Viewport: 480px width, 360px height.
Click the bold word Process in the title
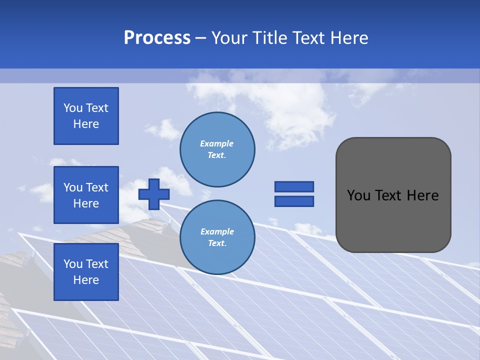[157, 38]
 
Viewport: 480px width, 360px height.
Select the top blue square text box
[86, 116]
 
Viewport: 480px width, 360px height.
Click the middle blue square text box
[86, 195]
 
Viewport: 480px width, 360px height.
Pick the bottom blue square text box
[86, 272]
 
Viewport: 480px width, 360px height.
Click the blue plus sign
[154, 194]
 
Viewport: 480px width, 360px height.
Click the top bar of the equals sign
[294, 186]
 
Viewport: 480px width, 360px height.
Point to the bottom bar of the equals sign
[294, 201]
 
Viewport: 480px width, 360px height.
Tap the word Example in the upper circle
[216, 143]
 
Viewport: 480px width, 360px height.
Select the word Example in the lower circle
[217, 231]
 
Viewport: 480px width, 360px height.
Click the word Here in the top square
[86, 124]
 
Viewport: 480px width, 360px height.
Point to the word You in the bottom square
[72, 264]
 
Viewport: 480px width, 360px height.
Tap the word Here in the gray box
[422, 195]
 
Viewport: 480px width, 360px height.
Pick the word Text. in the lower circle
[217, 243]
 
